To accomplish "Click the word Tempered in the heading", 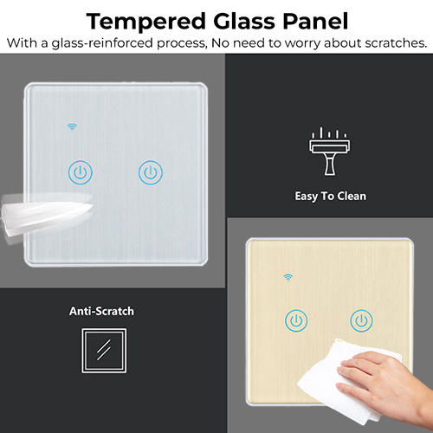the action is pyautogui.click(x=145, y=22).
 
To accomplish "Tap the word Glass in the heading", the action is pyautogui.click(x=243, y=21).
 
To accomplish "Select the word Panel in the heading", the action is pyautogui.click(x=315, y=21).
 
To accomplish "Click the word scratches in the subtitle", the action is pyautogui.click(x=396, y=43).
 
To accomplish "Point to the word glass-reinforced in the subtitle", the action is pyautogui.click(x=102, y=43).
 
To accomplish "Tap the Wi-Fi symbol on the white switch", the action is pyautogui.click(x=72, y=127).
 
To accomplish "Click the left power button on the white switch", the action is pyautogui.click(x=81, y=172).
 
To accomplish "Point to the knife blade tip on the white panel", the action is pyautogui.click(x=93, y=205).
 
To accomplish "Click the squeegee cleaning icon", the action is pyautogui.click(x=329, y=151).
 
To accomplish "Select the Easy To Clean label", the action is pyautogui.click(x=330, y=197).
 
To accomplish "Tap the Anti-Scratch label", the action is pyautogui.click(x=101, y=311).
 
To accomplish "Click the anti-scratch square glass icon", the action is pyautogui.click(x=104, y=351).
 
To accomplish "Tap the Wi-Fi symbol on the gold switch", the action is pyautogui.click(x=288, y=277).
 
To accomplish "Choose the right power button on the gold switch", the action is pyautogui.click(x=361, y=320).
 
